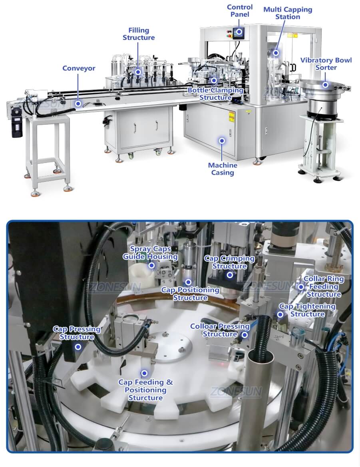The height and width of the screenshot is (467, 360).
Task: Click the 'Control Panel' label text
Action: pyautogui.click(x=240, y=11)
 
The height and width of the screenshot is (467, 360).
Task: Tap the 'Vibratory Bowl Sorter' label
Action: pyautogui.click(x=326, y=64)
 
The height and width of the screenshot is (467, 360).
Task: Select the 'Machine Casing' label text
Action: pyautogui.click(x=223, y=169)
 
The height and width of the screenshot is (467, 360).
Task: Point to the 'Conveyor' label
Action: pyautogui.click(x=79, y=68)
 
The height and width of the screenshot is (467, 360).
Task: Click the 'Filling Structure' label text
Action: pyautogui.click(x=138, y=34)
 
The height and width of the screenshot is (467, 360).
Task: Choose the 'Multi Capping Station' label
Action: pyautogui.click(x=288, y=13)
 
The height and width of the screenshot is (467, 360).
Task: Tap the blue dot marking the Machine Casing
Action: pyautogui.click(x=222, y=141)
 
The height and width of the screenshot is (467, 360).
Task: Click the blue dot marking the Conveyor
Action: pyautogui.click(x=79, y=103)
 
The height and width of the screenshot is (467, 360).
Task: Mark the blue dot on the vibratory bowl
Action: pyautogui.click(x=326, y=84)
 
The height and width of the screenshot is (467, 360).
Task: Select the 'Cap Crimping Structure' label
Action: pyautogui.click(x=229, y=262)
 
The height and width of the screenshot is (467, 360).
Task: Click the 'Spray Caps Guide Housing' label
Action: pyautogui.click(x=150, y=253)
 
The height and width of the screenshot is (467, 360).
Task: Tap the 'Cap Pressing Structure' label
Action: pyautogui.click(x=77, y=333)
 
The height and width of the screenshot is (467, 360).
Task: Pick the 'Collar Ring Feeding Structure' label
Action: pyautogui.click(x=324, y=286)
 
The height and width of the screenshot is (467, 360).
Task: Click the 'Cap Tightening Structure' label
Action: pyautogui.click(x=307, y=310)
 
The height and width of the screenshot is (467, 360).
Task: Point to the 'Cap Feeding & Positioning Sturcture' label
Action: pyautogui.click(x=145, y=390)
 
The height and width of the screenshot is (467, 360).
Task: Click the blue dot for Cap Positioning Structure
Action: pyautogui.click(x=188, y=282)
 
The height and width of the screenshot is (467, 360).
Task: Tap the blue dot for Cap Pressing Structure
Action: pyautogui.click(x=78, y=347)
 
